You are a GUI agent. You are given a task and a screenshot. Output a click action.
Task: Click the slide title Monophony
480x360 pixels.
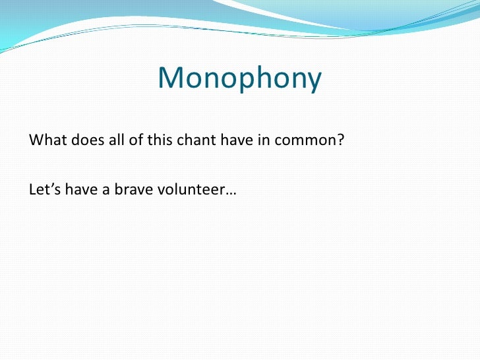[x=239, y=79]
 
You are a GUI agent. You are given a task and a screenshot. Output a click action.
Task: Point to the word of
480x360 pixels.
[x=127, y=140]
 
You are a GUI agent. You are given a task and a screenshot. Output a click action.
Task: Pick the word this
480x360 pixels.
[x=148, y=140]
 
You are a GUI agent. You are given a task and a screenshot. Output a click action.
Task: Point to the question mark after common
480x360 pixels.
[x=342, y=140]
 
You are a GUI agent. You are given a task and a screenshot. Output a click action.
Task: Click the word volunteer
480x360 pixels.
[x=187, y=190]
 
